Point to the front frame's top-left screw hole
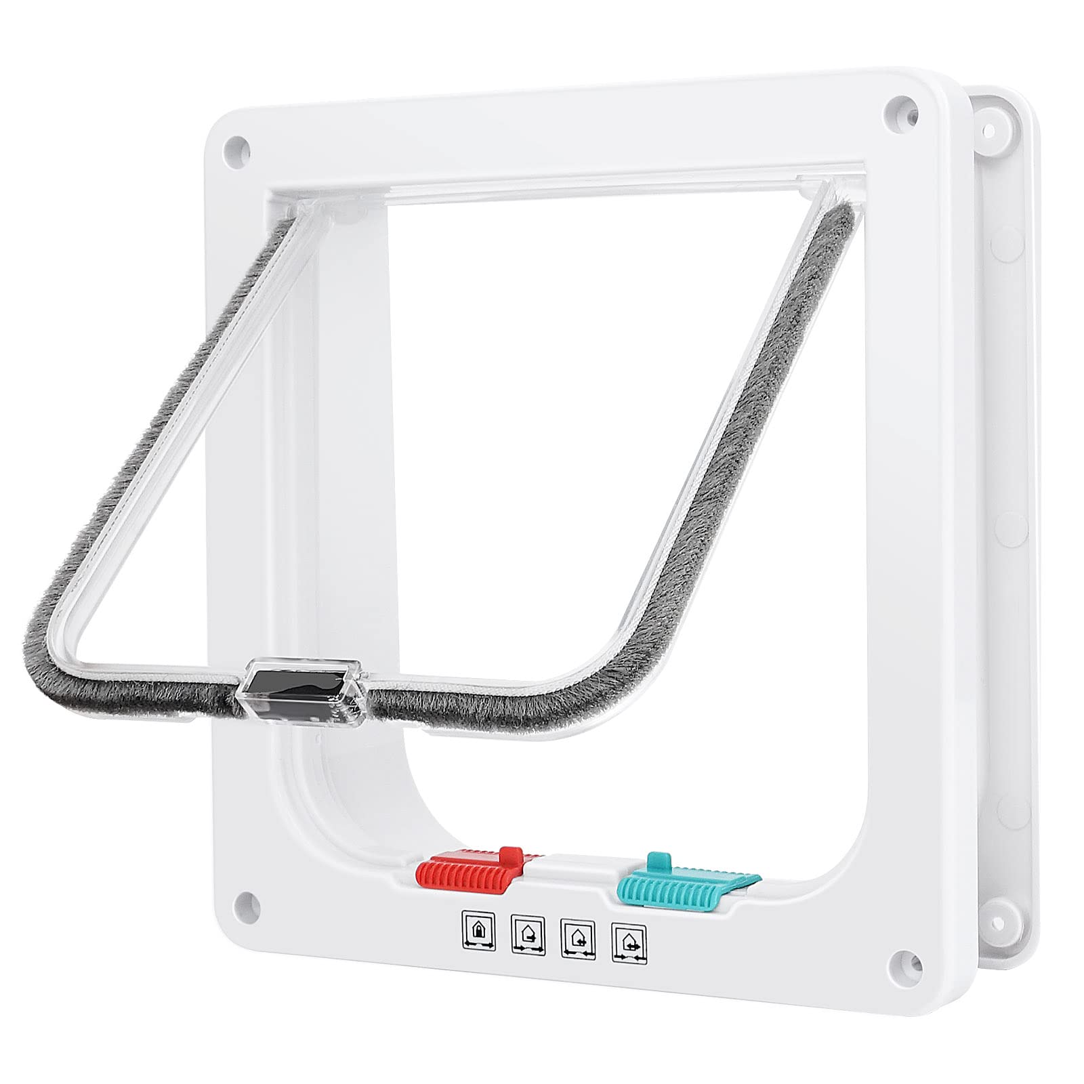click(x=236, y=145)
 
